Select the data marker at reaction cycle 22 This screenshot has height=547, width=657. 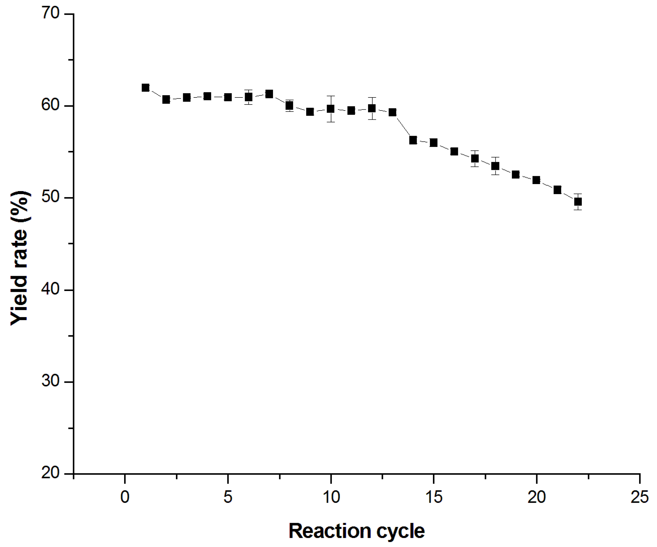(578, 201)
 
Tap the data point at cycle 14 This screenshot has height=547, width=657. (413, 140)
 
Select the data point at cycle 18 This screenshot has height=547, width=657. (495, 166)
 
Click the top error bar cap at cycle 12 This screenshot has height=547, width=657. (372, 97)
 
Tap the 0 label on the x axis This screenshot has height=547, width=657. (125, 497)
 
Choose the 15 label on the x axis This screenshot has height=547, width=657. (434, 497)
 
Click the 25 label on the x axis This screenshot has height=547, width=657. (639, 497)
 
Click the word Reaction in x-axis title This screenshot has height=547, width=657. (330, 531)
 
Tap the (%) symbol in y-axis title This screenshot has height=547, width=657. (20, 206)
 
